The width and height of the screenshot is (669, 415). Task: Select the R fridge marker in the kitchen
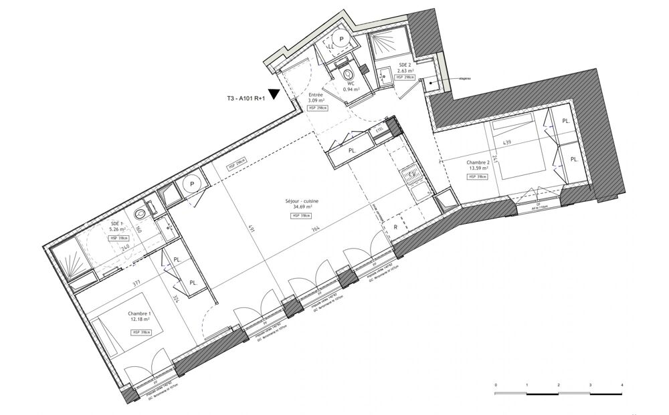tap(396, 228)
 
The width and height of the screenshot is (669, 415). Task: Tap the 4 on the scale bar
tap(622, 386)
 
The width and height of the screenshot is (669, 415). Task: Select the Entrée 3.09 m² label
tap(316, 98)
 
